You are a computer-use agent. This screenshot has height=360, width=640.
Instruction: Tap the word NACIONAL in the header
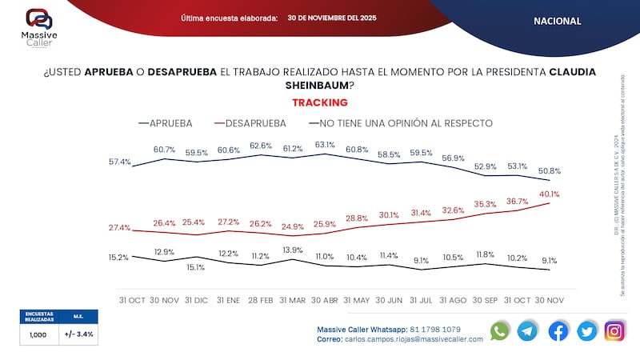pos(557,21)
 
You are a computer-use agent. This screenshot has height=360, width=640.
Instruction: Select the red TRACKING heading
pos(319,102)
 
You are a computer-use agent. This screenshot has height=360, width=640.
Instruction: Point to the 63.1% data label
pos(325,145)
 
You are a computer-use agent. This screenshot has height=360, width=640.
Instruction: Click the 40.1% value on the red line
pos(549,194)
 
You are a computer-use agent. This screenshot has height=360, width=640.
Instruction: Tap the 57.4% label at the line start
pos(120,162)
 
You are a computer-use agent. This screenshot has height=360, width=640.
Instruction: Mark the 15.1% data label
pos(196,268)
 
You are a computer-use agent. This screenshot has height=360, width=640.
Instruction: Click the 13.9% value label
pos(294,250)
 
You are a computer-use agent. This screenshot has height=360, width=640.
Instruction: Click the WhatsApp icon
pos(500,331)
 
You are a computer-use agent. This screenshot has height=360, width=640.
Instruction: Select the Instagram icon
pos(614,331)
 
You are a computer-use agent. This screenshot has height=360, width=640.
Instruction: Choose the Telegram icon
pos(528,331)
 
